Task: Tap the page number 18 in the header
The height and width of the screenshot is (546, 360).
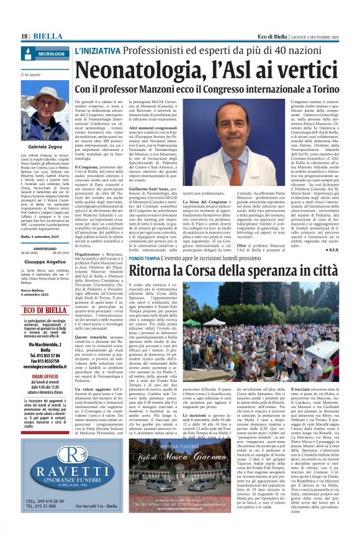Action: point(25,37)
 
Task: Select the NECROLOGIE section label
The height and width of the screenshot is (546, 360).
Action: point(51,55)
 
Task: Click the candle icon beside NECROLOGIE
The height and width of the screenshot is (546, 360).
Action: point(28,55)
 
